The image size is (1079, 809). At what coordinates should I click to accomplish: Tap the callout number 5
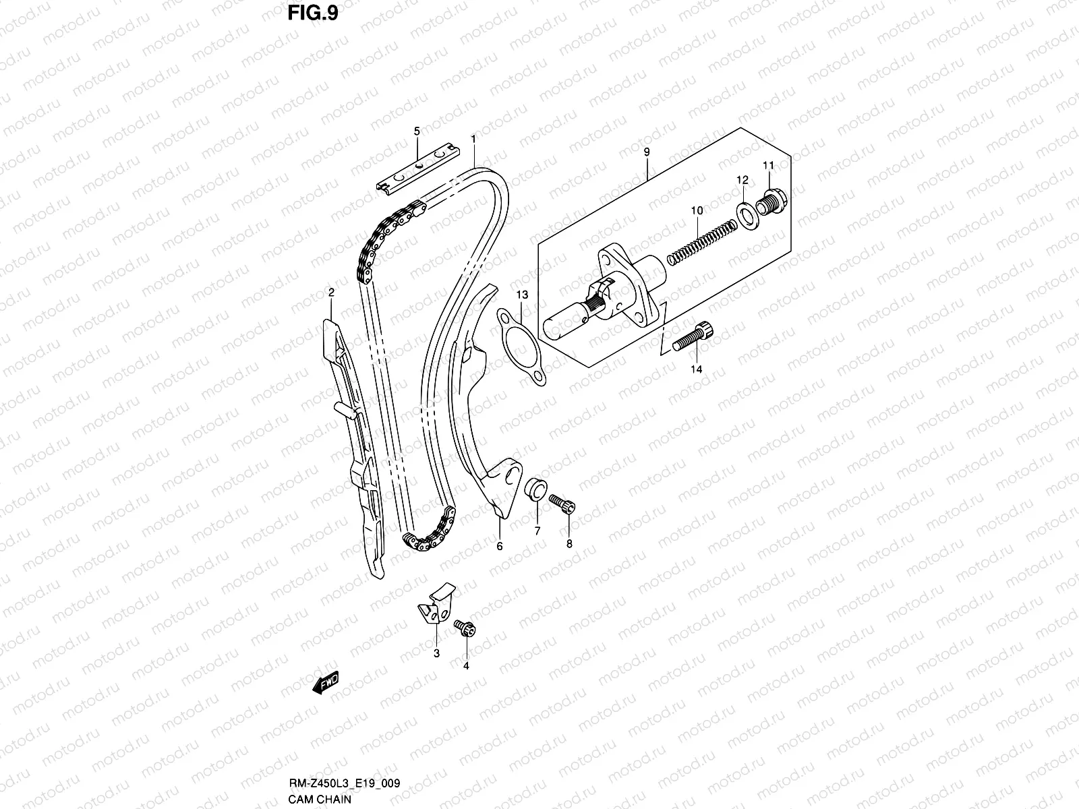tap(417, 130)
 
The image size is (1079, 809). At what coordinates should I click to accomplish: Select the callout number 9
tap(647, 152)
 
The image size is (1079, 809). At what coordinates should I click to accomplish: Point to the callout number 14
tap(696, 369)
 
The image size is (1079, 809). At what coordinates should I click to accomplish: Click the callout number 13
tap(523, 295)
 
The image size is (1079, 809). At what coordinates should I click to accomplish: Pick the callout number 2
tap(331, 292)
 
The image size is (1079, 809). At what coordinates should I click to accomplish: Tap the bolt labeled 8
tap(562, 503)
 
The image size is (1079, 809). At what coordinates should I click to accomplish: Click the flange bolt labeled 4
tap(465, 628)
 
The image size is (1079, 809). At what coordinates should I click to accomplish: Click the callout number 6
tap(500, 546)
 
